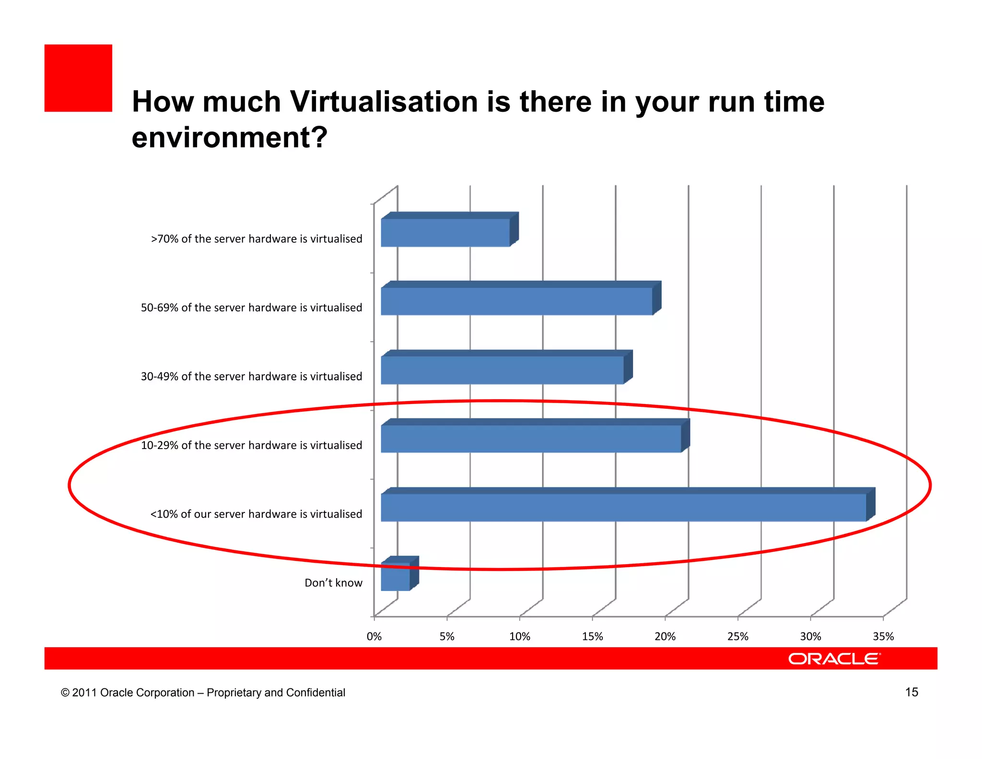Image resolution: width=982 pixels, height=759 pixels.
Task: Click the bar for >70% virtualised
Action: pyautogui.click(x=445, y=233)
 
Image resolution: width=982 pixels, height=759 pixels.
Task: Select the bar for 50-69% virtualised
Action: pyautogui.click(x=517, y=301)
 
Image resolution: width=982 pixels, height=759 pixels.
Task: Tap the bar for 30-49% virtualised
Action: pyautogui.click(x=503, y=370)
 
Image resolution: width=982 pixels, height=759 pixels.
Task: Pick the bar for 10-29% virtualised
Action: pyautogui.click(x=531, y=439)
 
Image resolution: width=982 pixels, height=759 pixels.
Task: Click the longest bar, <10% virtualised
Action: pyautogui.click(x=623, y=507)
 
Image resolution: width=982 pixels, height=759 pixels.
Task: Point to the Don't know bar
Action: pyautogui.click(x=396, y=576)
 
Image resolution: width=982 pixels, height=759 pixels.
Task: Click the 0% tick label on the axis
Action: pyautogui.click(x=374, y=637)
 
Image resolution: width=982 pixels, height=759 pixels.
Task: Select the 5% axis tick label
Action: pyautogui.click(x=447, y=637)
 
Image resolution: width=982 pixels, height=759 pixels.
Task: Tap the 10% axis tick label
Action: pyautogui.click(x=520, y=637)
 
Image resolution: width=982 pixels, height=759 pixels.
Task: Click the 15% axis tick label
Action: pyautogui.click(x=593, y=637)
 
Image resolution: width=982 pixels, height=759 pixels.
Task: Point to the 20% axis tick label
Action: pyautogui.click(x=665, y=637)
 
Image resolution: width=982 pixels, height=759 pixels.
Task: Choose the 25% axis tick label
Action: pyautogui.click(x=738, y=637)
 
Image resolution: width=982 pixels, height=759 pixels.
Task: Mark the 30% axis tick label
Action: pyautogui.click(x=811, y=637)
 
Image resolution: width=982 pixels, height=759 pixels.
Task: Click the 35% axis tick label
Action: pyautogui.click(x=883, y=637)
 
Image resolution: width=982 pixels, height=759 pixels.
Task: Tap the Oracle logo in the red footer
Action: pyautogui.click(x=834, y=659)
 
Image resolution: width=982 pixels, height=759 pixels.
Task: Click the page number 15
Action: pyautogui.click(x=912, y=692)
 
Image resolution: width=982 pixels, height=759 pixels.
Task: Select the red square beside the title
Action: pyautogui.click(x=78, y=78)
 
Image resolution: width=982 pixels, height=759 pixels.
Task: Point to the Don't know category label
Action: pyautogui.click(x=333, y=583)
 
